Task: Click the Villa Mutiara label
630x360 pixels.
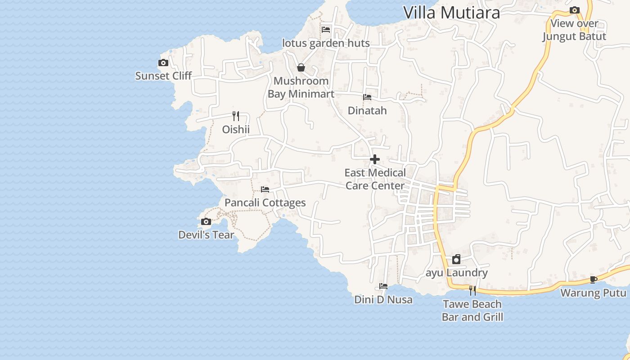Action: [451, 13]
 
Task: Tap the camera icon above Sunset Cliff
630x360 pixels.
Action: [163, 63]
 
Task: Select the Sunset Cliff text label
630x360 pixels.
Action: [163, 76]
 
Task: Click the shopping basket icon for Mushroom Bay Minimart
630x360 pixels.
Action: [301, 68]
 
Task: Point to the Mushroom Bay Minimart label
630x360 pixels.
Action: [301, 87]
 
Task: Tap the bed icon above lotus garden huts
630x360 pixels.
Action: [326, 30]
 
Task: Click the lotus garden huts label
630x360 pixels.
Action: [326, 43]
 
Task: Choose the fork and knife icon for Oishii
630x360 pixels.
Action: [236, 116]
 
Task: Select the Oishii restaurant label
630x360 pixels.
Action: [236, 130]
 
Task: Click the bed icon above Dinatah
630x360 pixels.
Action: [367, 97]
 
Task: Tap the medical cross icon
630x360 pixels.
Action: [375, 159]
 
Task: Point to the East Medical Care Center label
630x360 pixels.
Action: [375, 179]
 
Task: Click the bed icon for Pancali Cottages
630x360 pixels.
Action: [265, 189]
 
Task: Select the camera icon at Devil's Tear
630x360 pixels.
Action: [206, 222]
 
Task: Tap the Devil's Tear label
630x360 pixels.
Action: [206, 235]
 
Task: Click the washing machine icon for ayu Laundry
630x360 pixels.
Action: [456, 259]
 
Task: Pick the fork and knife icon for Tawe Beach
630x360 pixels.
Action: [472, 290]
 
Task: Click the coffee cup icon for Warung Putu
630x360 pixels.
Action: [593, 280]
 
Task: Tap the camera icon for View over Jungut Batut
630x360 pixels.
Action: [574, 10]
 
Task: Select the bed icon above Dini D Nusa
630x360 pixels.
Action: [383, 286]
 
